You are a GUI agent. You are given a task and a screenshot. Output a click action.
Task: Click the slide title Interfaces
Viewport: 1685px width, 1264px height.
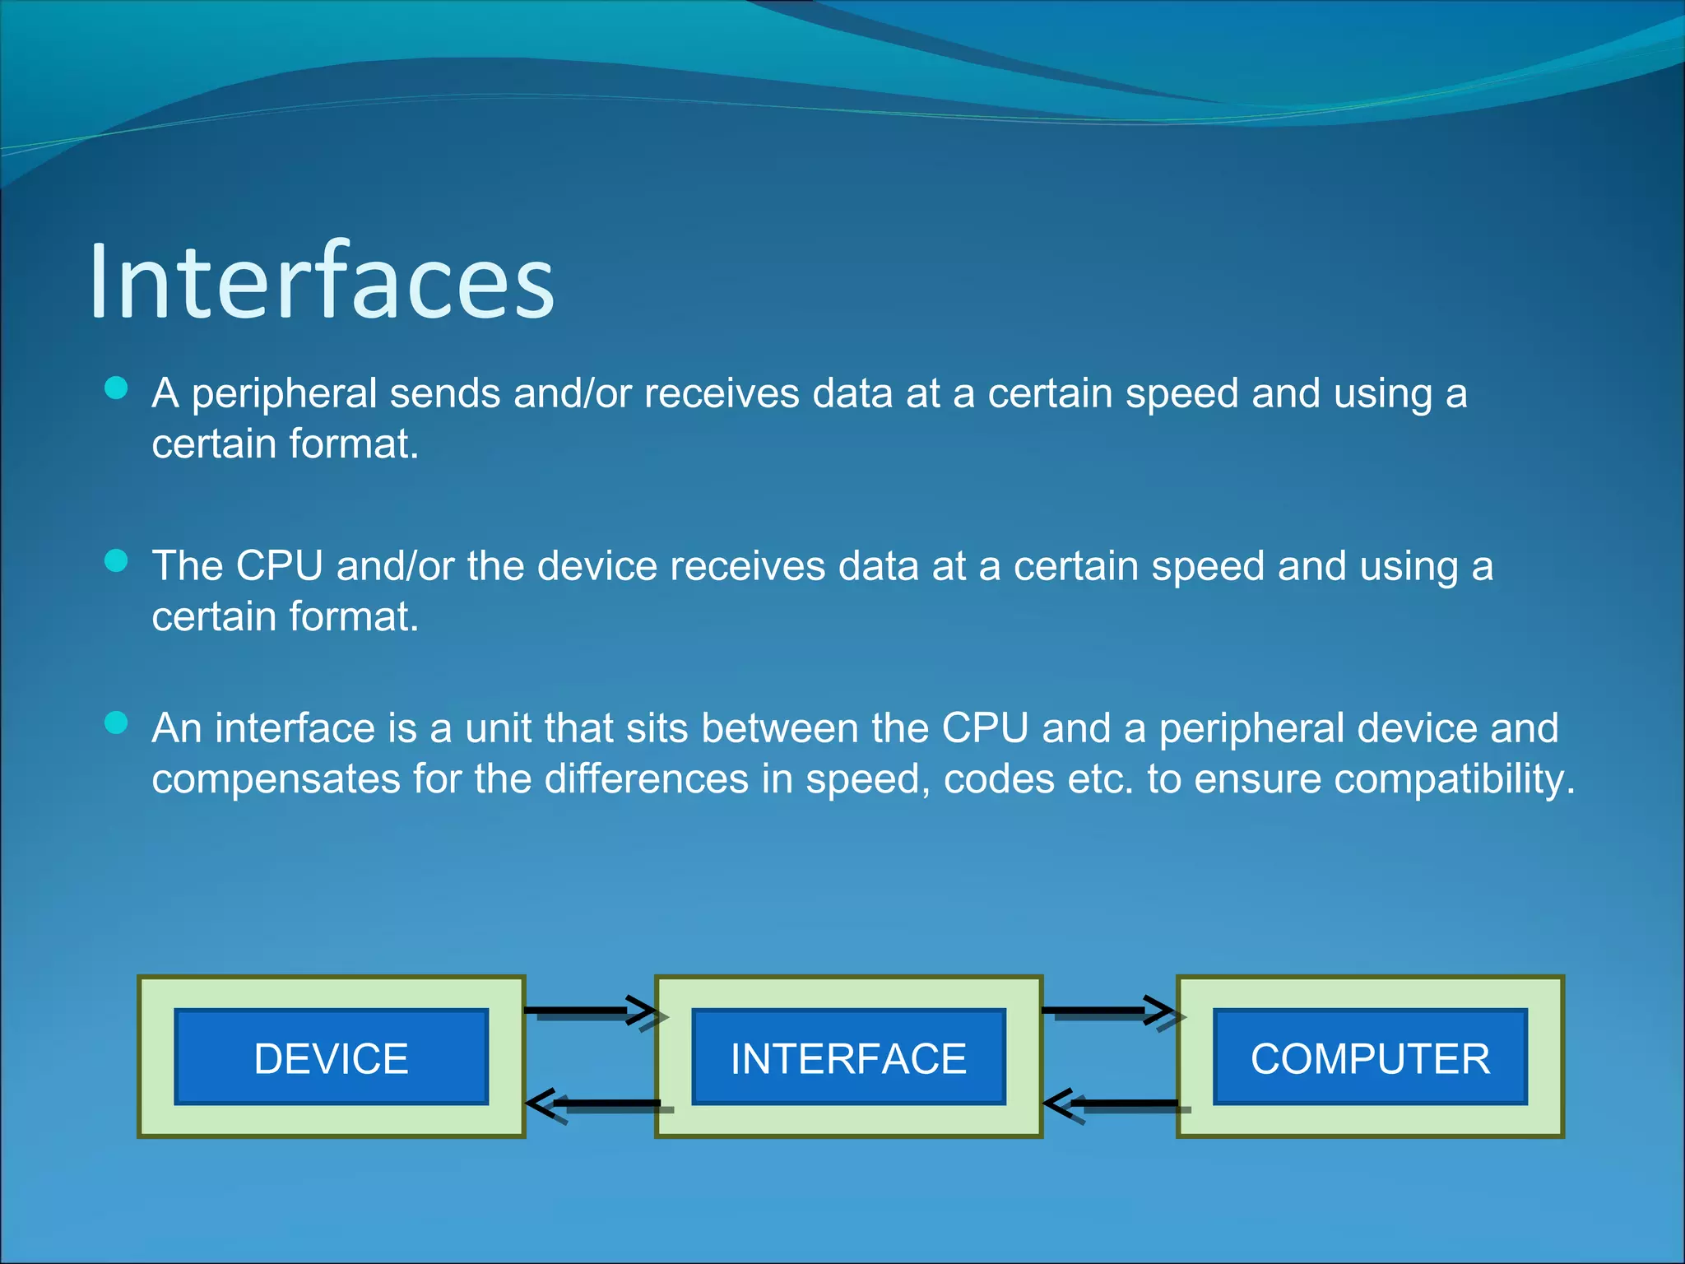322,281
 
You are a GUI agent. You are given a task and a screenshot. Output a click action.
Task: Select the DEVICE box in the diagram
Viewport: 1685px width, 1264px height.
331,1057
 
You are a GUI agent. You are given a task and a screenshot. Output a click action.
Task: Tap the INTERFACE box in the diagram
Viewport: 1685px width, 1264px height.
848,1057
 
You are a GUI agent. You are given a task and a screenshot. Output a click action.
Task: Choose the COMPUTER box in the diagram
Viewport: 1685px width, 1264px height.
1370,1057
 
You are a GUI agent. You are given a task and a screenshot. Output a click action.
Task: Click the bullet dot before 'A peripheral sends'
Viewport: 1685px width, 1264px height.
117,388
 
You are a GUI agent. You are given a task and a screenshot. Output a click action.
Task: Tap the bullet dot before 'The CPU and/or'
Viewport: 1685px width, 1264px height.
117,561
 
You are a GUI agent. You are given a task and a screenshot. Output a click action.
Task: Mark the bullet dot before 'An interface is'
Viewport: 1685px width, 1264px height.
117,723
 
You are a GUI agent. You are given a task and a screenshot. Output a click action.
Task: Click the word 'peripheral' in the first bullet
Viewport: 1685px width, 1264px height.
284,394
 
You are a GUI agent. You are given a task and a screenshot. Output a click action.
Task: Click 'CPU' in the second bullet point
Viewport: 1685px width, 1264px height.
279,567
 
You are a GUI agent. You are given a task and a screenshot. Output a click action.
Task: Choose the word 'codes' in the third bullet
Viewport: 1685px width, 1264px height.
999,779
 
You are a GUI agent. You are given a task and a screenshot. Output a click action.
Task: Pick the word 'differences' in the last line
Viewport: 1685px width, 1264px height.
646,779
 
